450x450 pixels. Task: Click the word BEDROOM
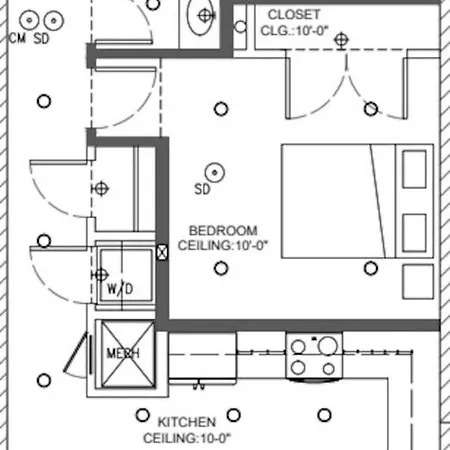tap(223, 231)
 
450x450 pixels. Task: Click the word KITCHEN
tap(187, 422)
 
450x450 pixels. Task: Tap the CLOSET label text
tap(294, 15)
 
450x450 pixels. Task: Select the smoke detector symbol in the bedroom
tap(215, 173)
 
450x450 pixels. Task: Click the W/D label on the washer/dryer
tap(120, 289)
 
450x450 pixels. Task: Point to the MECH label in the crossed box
tap(123, 353)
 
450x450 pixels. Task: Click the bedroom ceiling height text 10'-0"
tap(252, 246)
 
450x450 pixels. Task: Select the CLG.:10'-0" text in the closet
tap(295, 31)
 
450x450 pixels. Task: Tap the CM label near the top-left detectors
tap(17, 38)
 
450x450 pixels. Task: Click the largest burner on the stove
tap(328, 346)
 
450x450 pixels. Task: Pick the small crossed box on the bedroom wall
tap(162, 252)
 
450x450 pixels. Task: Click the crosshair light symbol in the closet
tap(341, 40)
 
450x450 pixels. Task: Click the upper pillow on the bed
tap(414, 169)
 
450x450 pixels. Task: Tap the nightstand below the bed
tap(418, 282)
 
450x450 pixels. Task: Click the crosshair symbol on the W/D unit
tap(100, 275)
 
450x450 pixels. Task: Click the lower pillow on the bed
tap(414, 233)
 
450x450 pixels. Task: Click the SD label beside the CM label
tap(41, 38)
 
